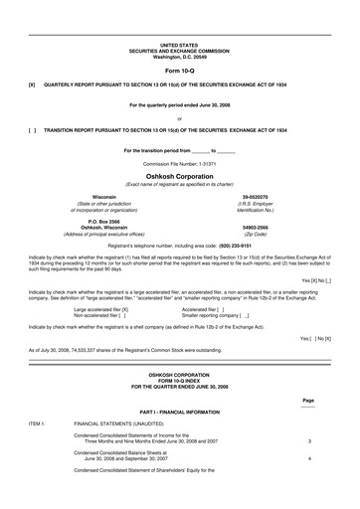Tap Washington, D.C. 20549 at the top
179,56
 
